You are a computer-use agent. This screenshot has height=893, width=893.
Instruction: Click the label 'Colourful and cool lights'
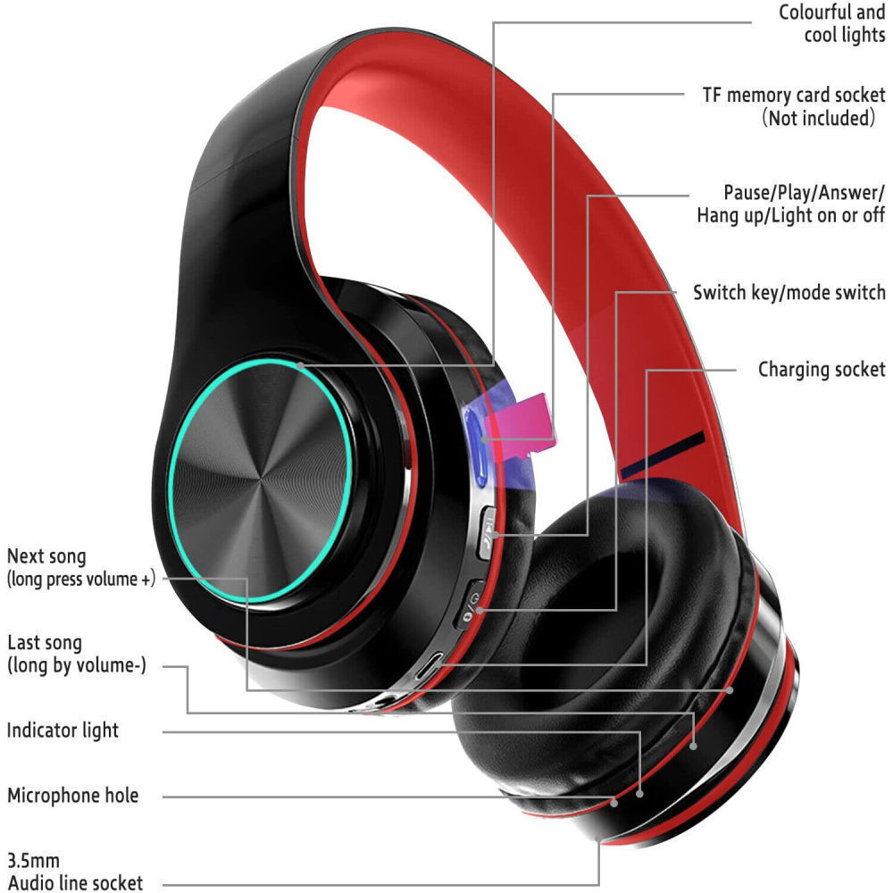click(x=831, y=24)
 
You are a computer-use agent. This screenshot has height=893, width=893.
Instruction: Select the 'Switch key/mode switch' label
click(x=789, y=293)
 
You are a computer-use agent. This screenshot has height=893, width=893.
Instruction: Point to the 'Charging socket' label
click(x=822, y=370)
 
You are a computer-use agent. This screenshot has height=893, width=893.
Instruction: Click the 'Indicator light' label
click(x=63, y=730)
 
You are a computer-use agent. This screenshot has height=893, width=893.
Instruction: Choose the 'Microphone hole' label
click(x=73, y=796)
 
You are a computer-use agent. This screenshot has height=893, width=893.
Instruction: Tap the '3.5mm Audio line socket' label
click(x=74, y=872)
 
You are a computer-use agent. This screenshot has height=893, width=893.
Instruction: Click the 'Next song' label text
click(x=46, y=557)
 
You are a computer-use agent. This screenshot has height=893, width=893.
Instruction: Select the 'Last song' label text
click(x=45, y=643)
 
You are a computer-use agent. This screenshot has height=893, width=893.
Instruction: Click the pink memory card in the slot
click(x=526, y=420)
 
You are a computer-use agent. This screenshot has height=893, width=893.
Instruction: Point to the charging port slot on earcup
click(x=435, y=664)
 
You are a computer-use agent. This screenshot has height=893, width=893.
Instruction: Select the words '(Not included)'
click(x=817, y=118)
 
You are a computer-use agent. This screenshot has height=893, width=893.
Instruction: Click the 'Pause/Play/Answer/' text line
click(x=804, y=193)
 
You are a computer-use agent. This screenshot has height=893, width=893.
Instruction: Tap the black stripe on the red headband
click(x=663, y=455)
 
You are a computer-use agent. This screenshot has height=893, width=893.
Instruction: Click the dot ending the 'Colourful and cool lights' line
click(x=302, y=364)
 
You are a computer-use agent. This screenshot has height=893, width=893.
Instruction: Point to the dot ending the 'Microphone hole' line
click(x=615, y=800)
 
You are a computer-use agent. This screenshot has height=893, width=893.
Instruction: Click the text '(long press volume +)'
click(x=81, y=579)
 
